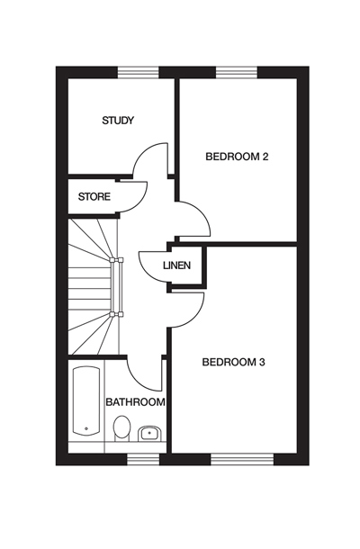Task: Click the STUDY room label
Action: click(118, 121)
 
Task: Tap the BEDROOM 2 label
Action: click(237, 157)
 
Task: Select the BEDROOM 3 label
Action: click(234, 362)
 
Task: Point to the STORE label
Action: click(94, 197)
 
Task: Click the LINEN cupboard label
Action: click(176, 265)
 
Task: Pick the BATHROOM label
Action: click(135, 402)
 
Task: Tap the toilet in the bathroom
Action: click(121, 427)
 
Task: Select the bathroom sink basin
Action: click(150, 434)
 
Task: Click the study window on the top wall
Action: click(139, 73)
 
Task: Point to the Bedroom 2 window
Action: click(237, 73)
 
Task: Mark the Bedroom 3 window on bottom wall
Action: click(242, 459)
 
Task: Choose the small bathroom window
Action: click(143, 459)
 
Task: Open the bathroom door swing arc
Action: click(137, 381)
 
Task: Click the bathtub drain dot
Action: click(86, 428)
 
